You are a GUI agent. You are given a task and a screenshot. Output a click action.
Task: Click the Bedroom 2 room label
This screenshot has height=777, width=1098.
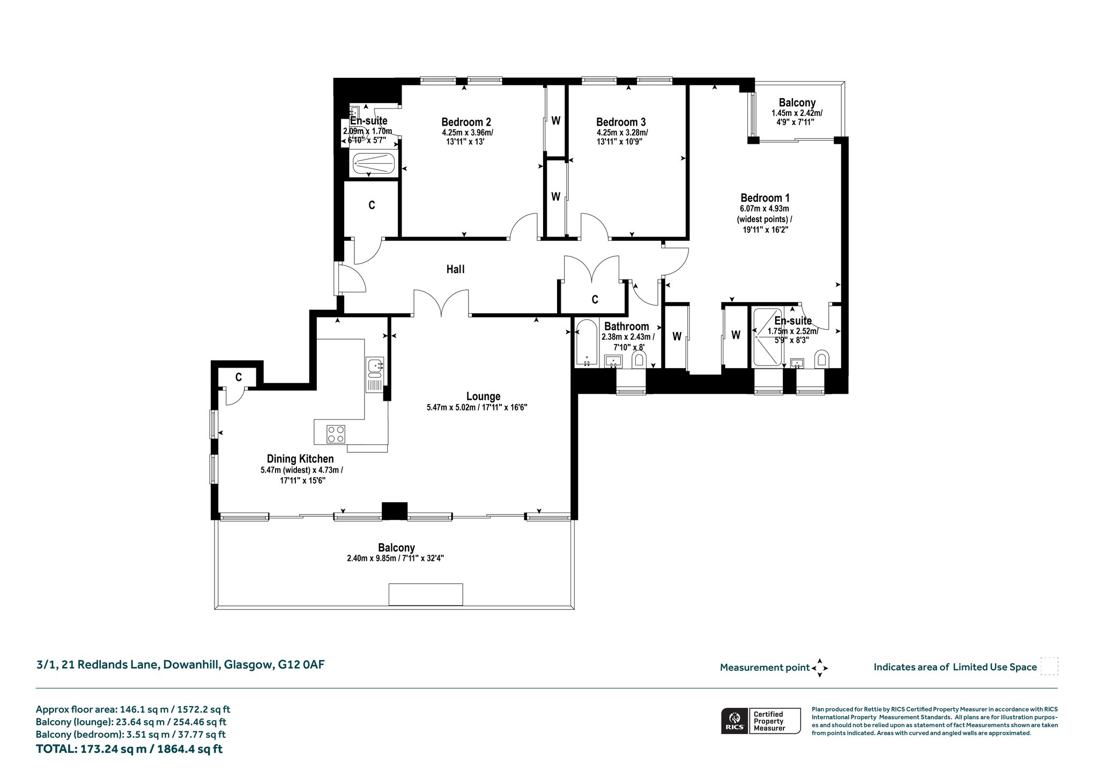(x=466, y=122)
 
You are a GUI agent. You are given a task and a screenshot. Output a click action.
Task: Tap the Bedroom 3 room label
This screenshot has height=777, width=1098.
(x=621, y=122)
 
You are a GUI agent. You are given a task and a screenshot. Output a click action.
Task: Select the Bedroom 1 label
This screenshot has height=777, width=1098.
(x=765, y=198)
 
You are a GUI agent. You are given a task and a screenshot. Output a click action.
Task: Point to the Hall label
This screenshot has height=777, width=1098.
(x=456, y=269)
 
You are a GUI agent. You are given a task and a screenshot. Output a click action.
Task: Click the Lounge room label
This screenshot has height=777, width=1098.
(x=483, y=397)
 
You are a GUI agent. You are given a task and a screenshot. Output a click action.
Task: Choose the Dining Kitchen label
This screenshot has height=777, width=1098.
(x=300, y=459)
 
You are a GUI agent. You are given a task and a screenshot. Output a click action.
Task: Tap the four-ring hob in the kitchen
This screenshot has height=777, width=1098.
(x=336, y=434)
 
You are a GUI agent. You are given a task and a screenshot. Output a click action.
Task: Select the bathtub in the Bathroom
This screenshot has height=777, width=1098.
(x=587, y=343)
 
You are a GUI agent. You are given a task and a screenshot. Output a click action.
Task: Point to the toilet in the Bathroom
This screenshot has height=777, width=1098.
(x=638, y=360)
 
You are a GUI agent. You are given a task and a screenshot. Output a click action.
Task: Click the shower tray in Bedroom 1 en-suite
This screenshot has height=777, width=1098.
(x=768, y=338)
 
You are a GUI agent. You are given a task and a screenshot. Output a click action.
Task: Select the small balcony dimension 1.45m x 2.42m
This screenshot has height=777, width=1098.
(x=797, y=113)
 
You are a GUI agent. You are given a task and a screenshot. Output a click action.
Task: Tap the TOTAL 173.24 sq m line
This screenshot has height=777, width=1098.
(x=129, y=749)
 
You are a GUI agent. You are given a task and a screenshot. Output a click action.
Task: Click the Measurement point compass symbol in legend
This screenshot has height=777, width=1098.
(x=820, y=668)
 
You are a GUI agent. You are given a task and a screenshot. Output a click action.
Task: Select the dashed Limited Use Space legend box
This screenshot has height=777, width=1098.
(x=1049, y=666)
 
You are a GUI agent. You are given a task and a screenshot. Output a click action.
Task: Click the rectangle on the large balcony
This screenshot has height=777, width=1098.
(x=426, y=595)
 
